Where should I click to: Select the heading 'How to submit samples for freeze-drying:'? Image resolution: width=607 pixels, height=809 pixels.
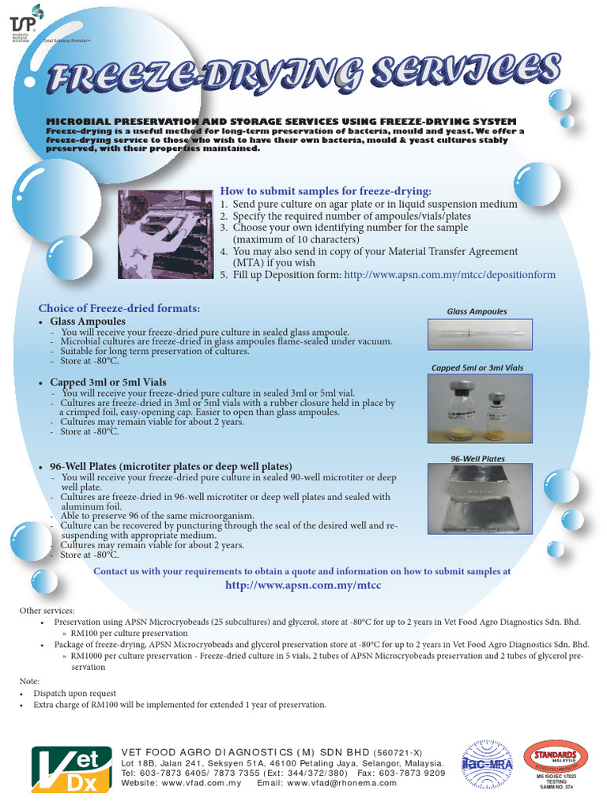pos(326,191)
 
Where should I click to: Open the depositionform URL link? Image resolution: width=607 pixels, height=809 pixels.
pos(450,275)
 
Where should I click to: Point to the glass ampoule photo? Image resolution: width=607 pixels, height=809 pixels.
pos(480,335)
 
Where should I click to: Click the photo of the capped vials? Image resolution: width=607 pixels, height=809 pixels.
pos(480,408)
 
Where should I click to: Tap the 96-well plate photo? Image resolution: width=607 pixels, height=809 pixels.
pos(480,499)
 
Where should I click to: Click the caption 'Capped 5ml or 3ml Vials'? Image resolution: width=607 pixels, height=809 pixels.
pos(477,368)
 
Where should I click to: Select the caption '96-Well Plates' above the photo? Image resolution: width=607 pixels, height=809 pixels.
pos(477,459)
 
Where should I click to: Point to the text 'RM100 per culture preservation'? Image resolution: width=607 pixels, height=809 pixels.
pos(129,634)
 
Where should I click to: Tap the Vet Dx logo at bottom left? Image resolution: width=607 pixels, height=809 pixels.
pos(66,769)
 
